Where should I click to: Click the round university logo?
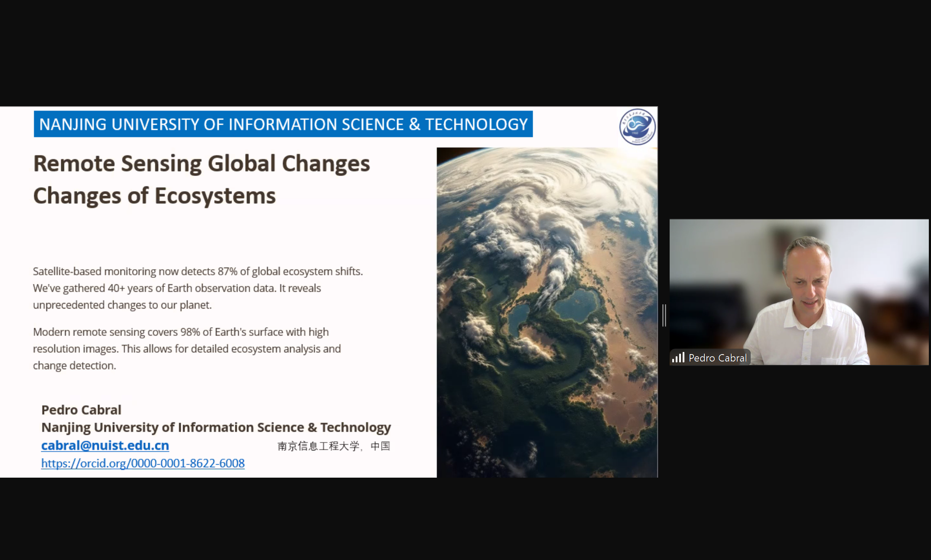pos(637,127)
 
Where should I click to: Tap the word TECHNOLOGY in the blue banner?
pos(476,124)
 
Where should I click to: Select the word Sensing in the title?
pos(161,164)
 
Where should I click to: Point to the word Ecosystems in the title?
pos(215,196)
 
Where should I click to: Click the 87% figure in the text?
pos(228,271)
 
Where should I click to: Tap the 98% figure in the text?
pos(190,332)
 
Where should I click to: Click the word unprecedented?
pos(68,305)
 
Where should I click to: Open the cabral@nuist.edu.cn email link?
pos(105,445)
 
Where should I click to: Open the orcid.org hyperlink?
pos(143,463)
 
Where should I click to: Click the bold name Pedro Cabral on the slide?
pos(81,410)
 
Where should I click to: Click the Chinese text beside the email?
pos(334,446)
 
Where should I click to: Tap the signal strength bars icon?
pos(678,358)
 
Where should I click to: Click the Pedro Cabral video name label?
pos(718,358)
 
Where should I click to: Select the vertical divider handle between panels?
pos(664,315)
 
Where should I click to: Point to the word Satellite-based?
pos(67,271)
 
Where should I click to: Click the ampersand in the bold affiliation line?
pos(312,427)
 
